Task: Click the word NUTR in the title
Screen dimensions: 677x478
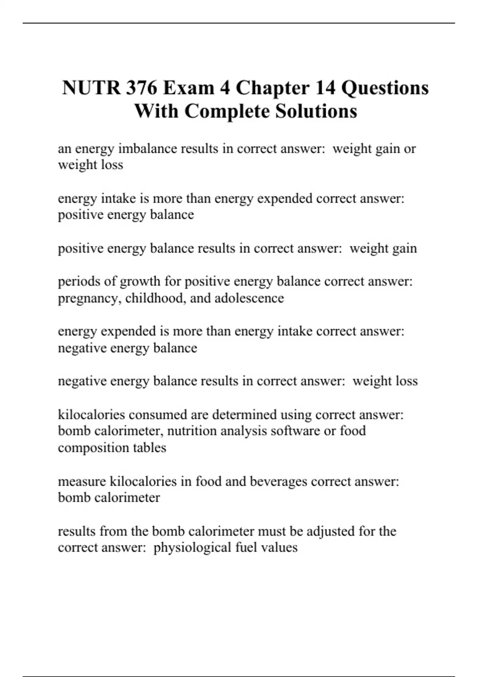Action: click(91, 88)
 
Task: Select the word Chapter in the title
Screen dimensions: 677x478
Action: click(272, 88)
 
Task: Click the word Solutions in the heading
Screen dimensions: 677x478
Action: click(316, 111)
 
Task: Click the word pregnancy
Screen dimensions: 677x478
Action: click(89, 298)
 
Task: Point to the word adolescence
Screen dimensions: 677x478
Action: click(249, 298)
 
